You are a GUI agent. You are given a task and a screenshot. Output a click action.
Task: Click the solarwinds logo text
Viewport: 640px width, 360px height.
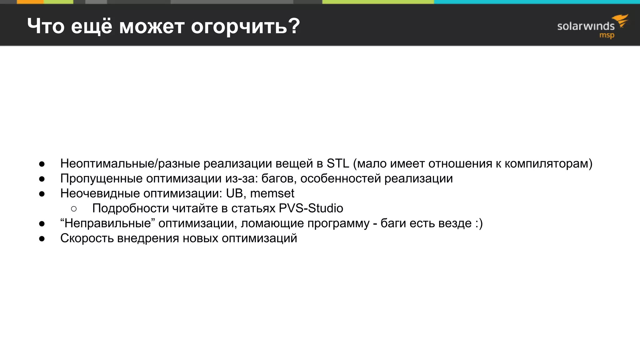click(x=586, y=26)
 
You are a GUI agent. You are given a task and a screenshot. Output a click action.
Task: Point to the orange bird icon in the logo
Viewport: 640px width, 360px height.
click(x=621, y=20)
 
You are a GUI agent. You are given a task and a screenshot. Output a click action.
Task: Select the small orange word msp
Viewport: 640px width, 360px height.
click(x=607, y=35)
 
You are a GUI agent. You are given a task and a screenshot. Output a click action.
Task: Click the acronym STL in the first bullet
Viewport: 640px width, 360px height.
click(x=337, y=163)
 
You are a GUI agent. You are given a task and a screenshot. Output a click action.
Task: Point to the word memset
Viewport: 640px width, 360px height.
click(x=272, y=193)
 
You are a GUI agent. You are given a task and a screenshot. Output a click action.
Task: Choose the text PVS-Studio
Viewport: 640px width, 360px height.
click(x=311, y=208)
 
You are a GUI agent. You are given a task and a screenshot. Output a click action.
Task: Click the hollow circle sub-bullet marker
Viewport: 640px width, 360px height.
click(x=74, y=208)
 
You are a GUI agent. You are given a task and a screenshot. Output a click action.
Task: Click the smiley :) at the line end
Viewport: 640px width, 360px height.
click(x=479, y=223)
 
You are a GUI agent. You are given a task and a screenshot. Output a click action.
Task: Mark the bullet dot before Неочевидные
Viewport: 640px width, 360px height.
click(x=42, y=194)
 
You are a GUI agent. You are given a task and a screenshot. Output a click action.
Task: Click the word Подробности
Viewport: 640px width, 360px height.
click(x=131, y=208)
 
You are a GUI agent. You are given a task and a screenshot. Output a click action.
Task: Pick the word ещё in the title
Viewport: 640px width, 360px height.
click(x=91, y=26)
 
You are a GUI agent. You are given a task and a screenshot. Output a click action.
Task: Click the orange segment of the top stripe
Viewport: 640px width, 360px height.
click(x=30, y=2)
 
